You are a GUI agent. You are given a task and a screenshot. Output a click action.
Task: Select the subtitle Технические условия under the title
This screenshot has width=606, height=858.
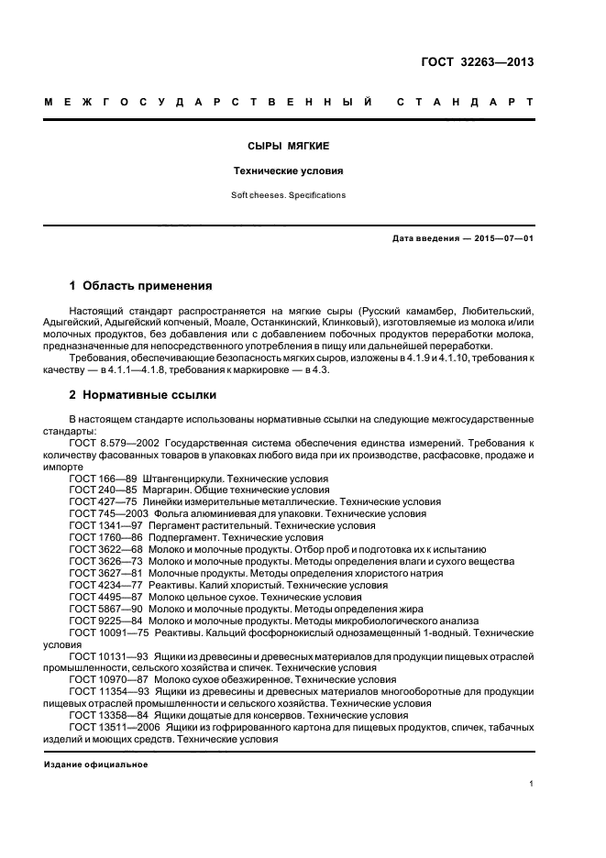(x=289, y=170)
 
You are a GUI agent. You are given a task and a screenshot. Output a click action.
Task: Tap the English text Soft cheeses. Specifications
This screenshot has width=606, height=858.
(x=289, y=195)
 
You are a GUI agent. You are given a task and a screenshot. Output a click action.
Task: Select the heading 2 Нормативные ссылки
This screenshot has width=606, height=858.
(x=143, y=395)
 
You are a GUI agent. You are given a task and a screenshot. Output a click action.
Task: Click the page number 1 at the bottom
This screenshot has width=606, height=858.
(x=533, y=785)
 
